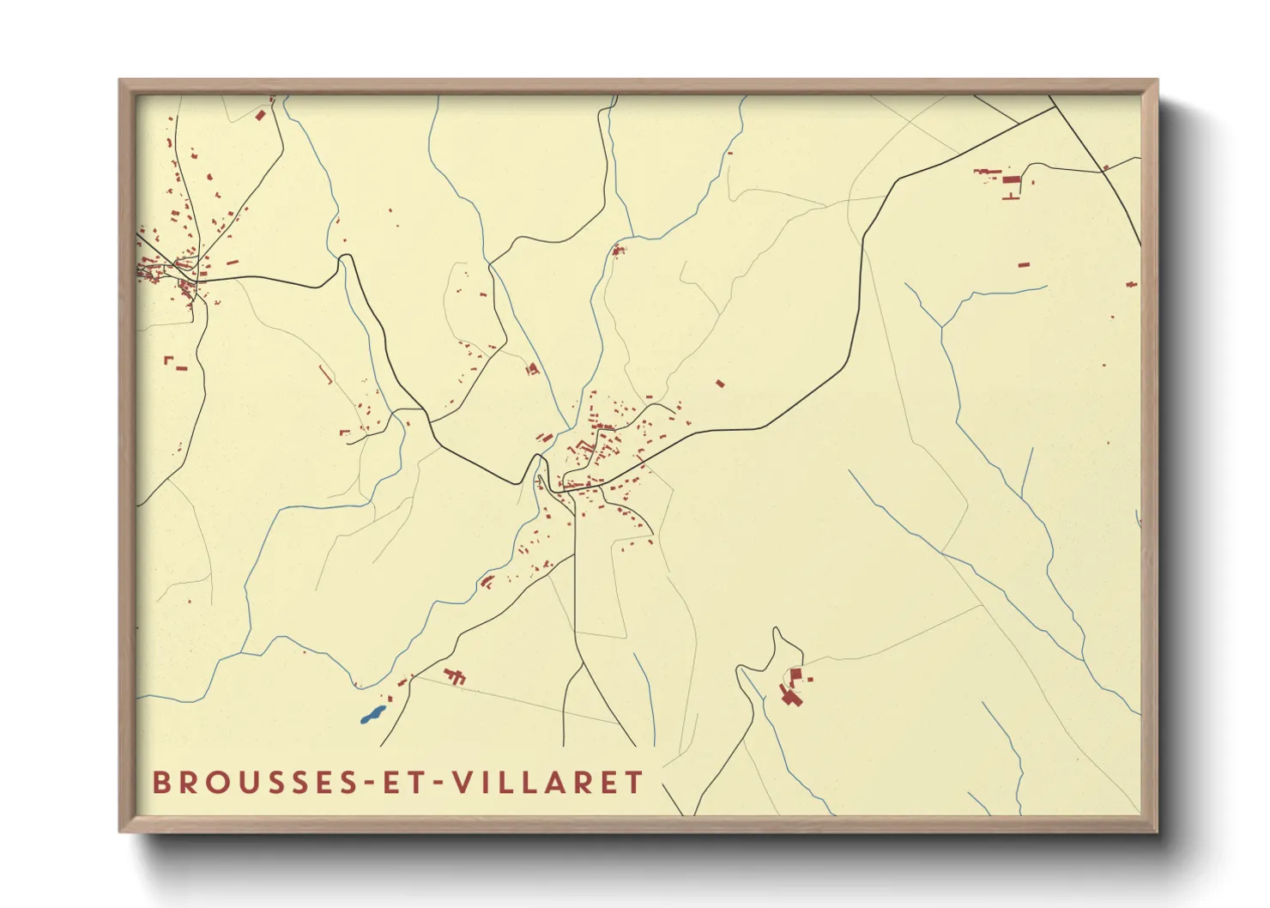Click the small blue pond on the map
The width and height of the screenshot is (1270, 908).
coord(372,714)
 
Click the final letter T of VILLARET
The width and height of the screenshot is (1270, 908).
coord(634,783)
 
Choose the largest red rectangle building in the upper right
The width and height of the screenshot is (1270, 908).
coord(1012,180)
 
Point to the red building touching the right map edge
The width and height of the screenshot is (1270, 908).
coord(1132,283)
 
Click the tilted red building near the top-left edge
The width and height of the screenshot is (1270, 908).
coord(261,114)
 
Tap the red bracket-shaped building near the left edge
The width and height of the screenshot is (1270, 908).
coord(168,360)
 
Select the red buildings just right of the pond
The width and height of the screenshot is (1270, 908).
coord(455,676)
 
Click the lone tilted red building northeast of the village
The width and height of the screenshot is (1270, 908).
coord(720,384)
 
